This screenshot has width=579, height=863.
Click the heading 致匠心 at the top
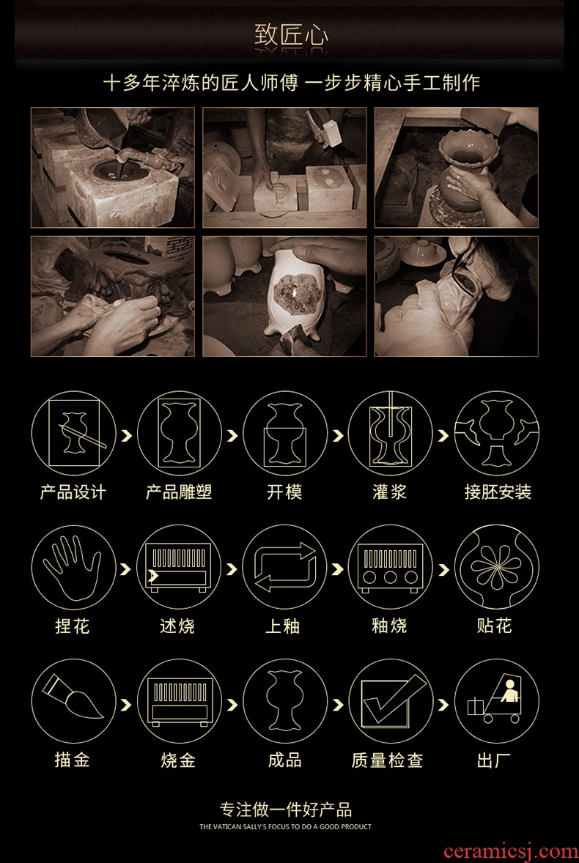click(291, 35)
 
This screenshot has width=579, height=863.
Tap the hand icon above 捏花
click(73, 568)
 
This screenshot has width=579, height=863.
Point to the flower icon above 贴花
click(496, 568)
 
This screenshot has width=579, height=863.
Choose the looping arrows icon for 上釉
click(284, 568)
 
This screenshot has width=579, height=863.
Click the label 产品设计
click(73, 492)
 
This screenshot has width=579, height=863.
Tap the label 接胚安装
click(498, 492)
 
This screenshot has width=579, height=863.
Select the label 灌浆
click(390, 492)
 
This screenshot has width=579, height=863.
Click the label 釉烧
click(390, 626)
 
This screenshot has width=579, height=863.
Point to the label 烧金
click(178, 760)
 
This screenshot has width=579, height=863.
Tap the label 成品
click(284, 760)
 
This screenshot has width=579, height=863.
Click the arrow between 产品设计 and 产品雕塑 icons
click(127, 435)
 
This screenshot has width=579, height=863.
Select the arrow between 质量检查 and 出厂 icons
click(443, 704)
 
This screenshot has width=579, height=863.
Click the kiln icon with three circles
click(390, 568)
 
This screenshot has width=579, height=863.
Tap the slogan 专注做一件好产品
click(285, 809)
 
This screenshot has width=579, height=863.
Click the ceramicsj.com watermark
click(510, 851)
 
